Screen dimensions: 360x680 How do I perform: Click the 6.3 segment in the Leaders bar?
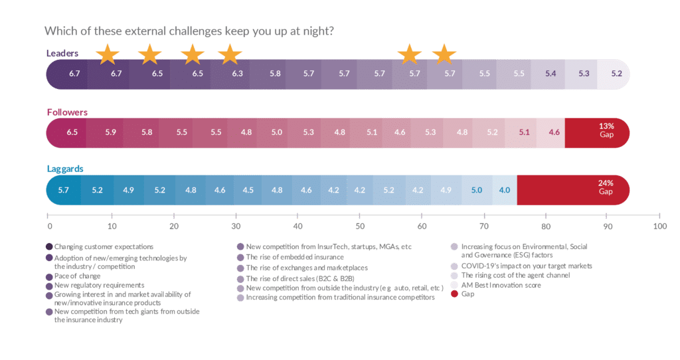pyautogui.click(x=237, y=74)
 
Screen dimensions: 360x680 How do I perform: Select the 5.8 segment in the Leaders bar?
pyautogui.click(x=274, y=74)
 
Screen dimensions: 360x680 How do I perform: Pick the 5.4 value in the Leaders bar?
pyautogui.click(x=551, y=74)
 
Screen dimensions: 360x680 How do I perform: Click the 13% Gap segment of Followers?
pyautogui.click(x=605, y=132)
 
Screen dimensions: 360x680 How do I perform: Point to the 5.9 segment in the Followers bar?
pyautogui.click(x=110, y=132)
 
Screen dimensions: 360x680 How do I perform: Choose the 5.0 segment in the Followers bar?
pyautogui.click(x=276, y=132)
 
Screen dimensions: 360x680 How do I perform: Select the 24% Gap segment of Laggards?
pyautogui.click(x=605, y=190)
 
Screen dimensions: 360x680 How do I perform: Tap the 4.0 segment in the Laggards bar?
pyautogui.click(x=505, y=190)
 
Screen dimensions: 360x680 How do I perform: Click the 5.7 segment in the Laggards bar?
pyautogui.click(x=64, y=190)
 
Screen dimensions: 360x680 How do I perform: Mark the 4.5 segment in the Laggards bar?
pyautogui.click(x=248, y=190)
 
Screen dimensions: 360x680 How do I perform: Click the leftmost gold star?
pyautogui.click(x=107, y=54)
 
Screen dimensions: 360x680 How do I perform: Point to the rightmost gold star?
pyautogui.click(x=444, y=54)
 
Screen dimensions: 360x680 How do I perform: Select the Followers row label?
pyautogui.click(x=67, y=112)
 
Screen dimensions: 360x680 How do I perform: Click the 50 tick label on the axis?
pyautogui.click(x=359, y=226)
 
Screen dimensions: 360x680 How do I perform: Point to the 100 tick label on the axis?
pyautogui.click(x=659, y=226)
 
